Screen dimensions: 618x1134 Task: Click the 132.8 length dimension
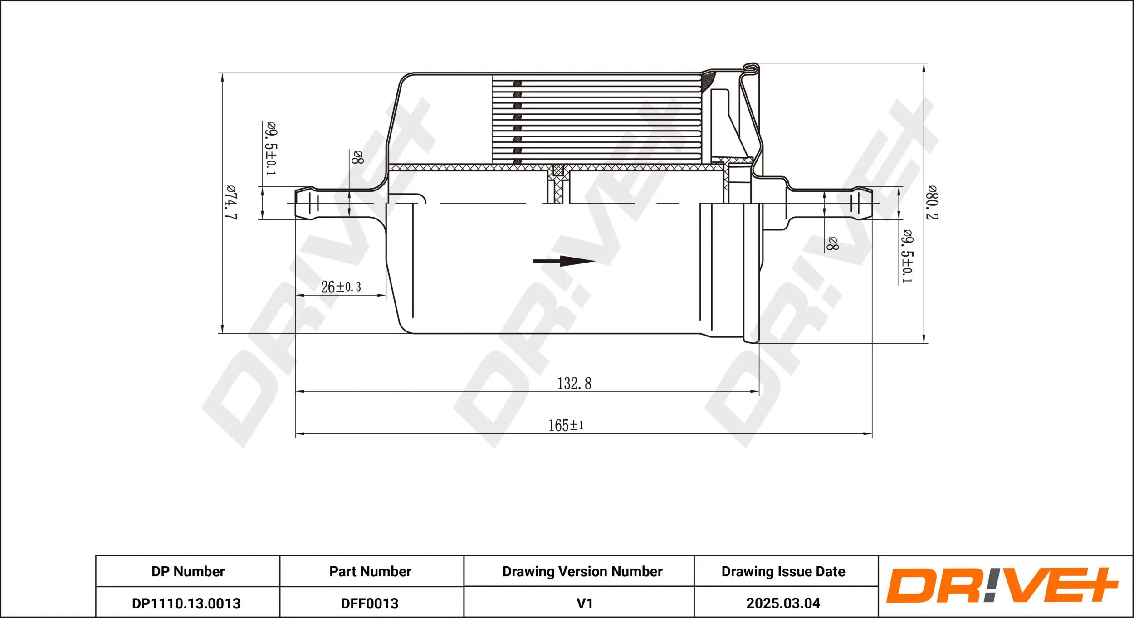(574, 384)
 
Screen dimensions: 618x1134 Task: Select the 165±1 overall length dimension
(566, 425)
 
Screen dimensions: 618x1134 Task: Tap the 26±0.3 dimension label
(341, 287)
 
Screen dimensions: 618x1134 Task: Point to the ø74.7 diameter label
(231, 202)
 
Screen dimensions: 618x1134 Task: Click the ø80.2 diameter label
(932, 203)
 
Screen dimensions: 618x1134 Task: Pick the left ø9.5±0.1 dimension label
(271, 149)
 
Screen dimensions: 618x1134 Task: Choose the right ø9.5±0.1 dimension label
(907, 257)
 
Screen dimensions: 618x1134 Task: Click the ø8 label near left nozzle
(357, 157)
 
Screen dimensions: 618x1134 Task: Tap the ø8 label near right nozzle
(832, 243)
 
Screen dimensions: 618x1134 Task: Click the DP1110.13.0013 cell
(186, 603)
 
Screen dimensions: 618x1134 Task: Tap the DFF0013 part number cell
(370, 603)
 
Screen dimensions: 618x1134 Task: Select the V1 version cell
(584, 603)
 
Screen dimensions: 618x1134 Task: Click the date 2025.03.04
(783, 603)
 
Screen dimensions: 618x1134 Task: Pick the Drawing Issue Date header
(783, 571)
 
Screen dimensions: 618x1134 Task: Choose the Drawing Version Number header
(582, 571)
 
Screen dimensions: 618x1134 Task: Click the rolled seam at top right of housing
(752, 68)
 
